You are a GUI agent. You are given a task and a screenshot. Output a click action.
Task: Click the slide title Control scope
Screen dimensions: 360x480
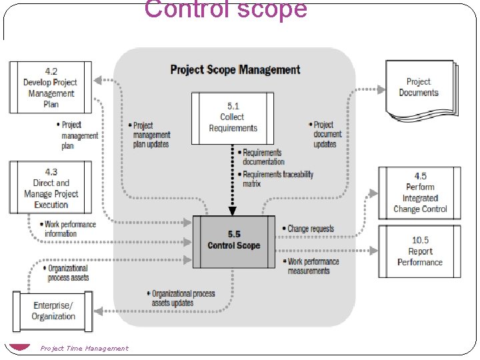pos(225,10)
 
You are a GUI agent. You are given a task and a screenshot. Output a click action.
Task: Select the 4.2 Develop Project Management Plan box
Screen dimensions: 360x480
pos(51,87)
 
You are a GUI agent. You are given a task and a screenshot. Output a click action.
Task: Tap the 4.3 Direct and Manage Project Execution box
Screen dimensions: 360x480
pos(51,188)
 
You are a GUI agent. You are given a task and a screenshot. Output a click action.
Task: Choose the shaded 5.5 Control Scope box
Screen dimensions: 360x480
pos(233,241)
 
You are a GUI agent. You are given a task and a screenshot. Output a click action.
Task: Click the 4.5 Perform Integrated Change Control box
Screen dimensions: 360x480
pos(419,193)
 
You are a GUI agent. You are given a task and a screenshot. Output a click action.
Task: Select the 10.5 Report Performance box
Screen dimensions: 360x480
pos(419,251)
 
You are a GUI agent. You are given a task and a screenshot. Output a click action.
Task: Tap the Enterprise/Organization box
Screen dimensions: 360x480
pos(53,311)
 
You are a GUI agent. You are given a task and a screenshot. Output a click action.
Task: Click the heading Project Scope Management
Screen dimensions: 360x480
pos(235,69)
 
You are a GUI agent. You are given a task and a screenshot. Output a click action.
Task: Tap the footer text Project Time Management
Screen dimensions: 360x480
pos(84,348)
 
